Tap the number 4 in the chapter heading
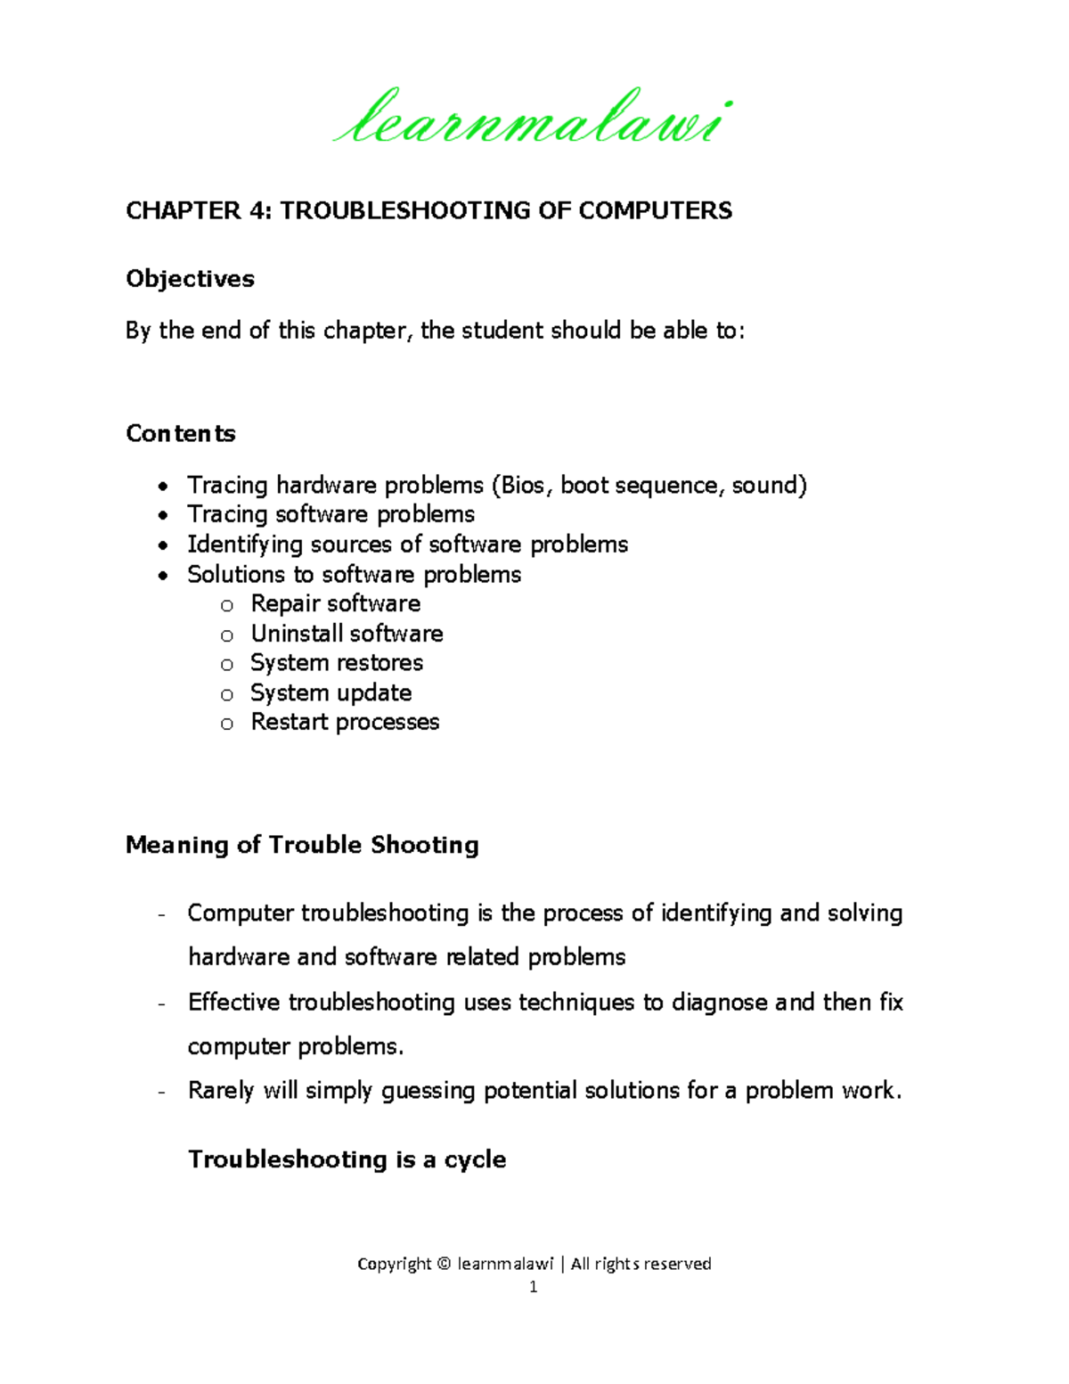point(257,210)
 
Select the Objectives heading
point(190,279)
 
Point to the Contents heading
point(181,434)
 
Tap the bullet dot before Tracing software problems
point(162,516)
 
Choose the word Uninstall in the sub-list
point(295,634)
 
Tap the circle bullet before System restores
point(227,665)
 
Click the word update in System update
point(374,693)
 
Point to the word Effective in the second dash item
point(234,1003)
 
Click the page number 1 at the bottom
point(534,1287)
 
